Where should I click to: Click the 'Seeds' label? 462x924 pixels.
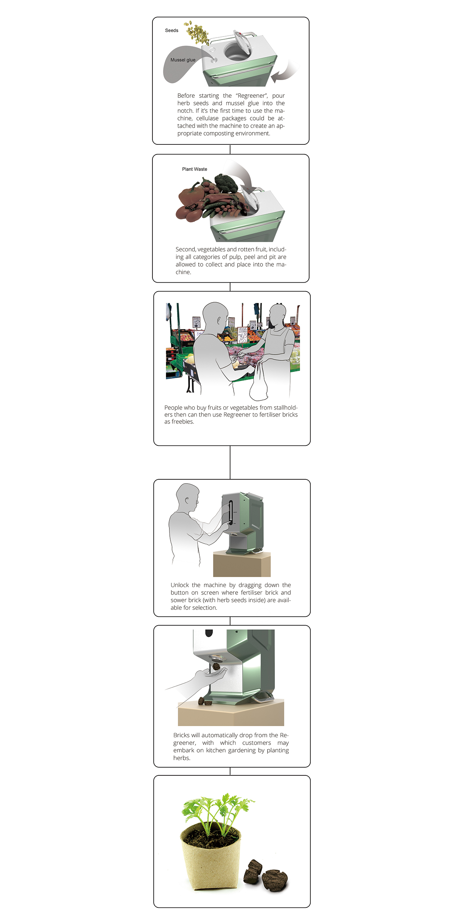tap(171, 30)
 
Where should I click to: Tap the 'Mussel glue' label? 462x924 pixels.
tap(183, 60)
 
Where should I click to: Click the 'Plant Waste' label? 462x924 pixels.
tap(194, 169)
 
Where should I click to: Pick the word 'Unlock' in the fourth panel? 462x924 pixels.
tap(179, 585)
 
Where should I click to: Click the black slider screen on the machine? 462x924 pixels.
tap(230, 512)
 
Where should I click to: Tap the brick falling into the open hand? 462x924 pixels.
tap(217, 666)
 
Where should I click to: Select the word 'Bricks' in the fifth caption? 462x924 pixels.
tap(181, 735)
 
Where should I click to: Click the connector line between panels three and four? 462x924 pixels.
tap(230, 462)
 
